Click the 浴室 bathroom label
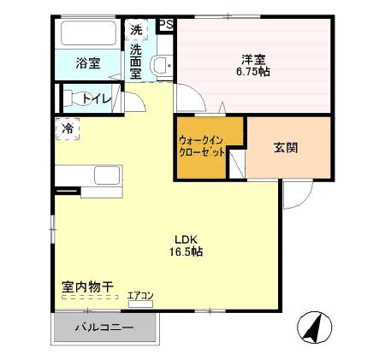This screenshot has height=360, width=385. pyautogui.click(x=87, y=62)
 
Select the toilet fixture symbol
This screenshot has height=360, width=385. pyautogui.click(x=74, y=97)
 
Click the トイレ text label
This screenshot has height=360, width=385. pyautogui.click(x=96, y=99)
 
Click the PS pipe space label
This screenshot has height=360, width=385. pyautogui.click(x=166, y=25)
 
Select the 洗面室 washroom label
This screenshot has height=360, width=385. pyautogui.click(x=137, y=62)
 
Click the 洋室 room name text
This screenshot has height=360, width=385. pyautogui.click(x=253, y=59)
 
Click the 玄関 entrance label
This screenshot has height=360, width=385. pyautogui.click(x=286, y=147)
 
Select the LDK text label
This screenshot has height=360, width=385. pyautogui.click(x=186, y=239)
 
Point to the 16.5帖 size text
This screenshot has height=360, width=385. pyautogui.click(x=186, y=252)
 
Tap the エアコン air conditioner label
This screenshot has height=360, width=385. pyautogui.click(x=140, y=297)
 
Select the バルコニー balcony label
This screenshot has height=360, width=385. pyautogui.click(x=103, y=328)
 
